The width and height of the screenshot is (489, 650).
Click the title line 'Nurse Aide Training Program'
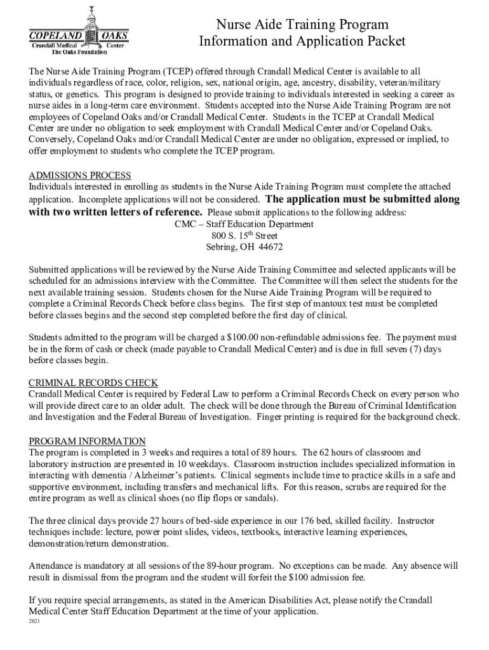click(302, 25)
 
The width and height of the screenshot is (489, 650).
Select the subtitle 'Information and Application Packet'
click(302, 42)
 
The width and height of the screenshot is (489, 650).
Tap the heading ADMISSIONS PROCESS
click(80, 175)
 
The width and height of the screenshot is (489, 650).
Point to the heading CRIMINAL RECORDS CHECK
click(93, 383)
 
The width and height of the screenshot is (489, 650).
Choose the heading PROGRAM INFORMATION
click(88, 441)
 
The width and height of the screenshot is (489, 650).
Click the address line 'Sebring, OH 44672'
click(245, 247)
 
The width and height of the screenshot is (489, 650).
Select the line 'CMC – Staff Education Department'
click(244, 224)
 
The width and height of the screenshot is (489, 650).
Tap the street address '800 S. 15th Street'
click(245, 235)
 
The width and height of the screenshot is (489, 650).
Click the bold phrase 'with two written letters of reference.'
click(116, 212)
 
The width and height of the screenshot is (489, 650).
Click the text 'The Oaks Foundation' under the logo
click(79, 53)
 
